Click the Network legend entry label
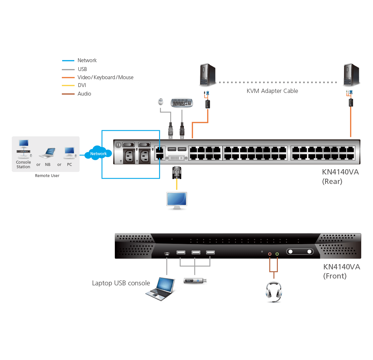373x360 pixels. (x=87, y=61)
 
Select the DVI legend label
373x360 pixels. (x=82, y=85)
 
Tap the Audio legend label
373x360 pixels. (x=84, y=94)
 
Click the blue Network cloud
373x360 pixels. (x=98, y=153)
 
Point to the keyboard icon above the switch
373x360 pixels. (x=182, y=102)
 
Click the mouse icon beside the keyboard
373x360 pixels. (x=160, y=102)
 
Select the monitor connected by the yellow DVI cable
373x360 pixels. (x=177, y=200)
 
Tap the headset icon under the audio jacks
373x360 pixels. (x=274, y=291)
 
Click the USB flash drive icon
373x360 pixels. (x=195, y=280)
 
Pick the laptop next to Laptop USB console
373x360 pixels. (x=163, y=289)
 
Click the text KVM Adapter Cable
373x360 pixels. (x=272, y=91)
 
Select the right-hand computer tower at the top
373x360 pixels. (x=351, y=75)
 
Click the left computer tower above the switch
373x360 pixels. (x=208, y=75)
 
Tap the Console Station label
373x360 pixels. (x=24, y=165)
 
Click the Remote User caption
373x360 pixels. (x=47, y=176)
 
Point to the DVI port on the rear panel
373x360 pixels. (x=177, y=158)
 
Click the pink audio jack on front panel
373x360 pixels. (x=270, y=254)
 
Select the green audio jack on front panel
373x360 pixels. (x=277, y=254)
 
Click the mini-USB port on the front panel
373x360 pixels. (x=167, y=253)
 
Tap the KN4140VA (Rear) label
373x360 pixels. (x=340, y=176)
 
